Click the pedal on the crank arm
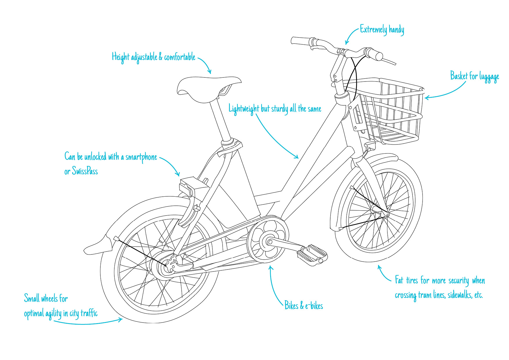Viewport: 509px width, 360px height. pos(312,255)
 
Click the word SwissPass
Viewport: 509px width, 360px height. pos(85,171)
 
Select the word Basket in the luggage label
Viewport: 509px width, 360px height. pos(459,76)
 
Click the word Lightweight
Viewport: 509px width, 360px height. pos(244,109)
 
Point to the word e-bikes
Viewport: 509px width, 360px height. pos(314,306)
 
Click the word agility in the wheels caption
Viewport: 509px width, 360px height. pos(53,314)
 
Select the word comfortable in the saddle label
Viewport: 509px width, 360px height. pos(180,57)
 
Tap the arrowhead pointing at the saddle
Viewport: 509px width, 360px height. pos(210,71)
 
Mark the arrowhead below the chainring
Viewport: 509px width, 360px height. pos(271,267)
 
